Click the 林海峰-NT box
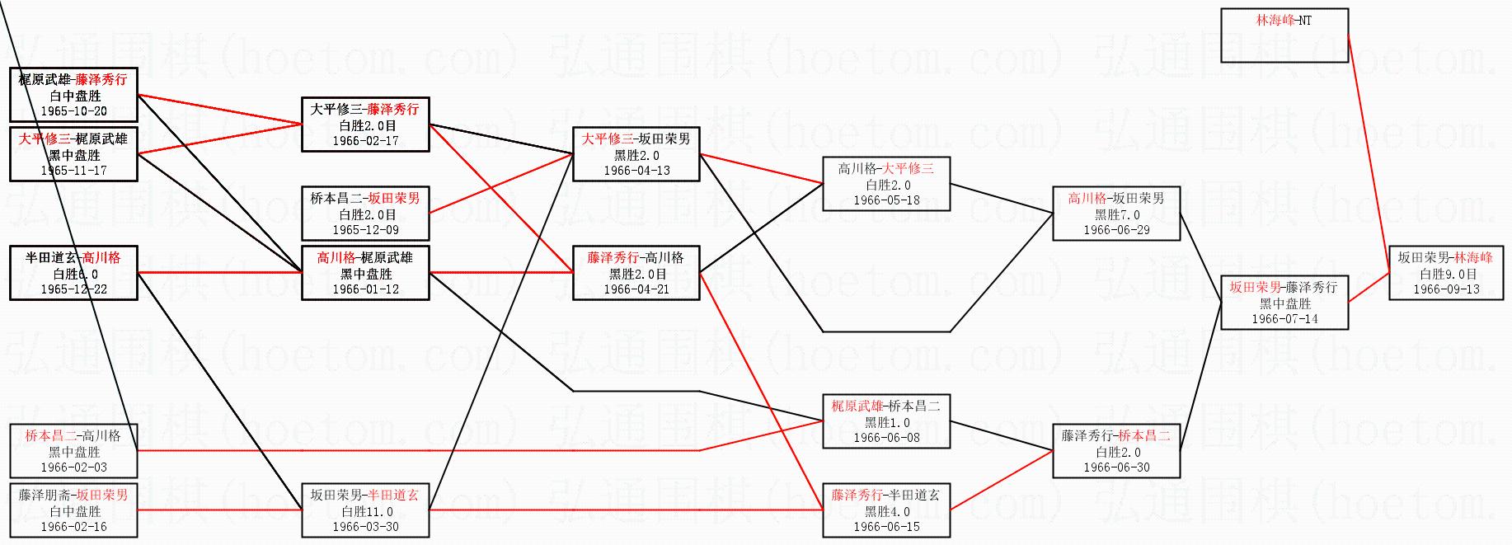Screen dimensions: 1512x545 tap(1284, 35)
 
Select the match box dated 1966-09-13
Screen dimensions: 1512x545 tap(1446, 273)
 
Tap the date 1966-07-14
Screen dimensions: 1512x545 tap(1284, 318)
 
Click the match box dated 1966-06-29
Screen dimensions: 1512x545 tap(1116, 214)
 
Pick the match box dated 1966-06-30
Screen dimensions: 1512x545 tap(1116, 451)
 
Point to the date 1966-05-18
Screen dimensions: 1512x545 tap(886, 200)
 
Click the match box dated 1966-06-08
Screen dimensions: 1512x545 tap(886, 421)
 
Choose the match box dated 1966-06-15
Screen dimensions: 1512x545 tap(886, 510)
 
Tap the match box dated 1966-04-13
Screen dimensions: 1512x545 tap(636, 154)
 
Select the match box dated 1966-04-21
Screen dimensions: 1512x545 tap(636, 273)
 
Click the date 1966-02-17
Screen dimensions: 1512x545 tap(365, 141)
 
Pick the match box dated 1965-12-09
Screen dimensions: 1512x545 tap(365, 214)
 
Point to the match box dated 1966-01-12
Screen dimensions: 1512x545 tap(365, 273)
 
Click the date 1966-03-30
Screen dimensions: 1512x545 tap(365, 527)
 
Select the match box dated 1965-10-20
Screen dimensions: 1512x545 tap(73, 95)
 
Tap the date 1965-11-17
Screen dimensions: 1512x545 tap(73, 171)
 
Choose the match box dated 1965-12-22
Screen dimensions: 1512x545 tap(73, 273)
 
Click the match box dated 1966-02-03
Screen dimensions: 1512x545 tap(73, 451)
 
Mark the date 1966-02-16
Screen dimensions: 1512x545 tap(73, 527)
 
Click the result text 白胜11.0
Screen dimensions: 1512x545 tap(365, 511)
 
